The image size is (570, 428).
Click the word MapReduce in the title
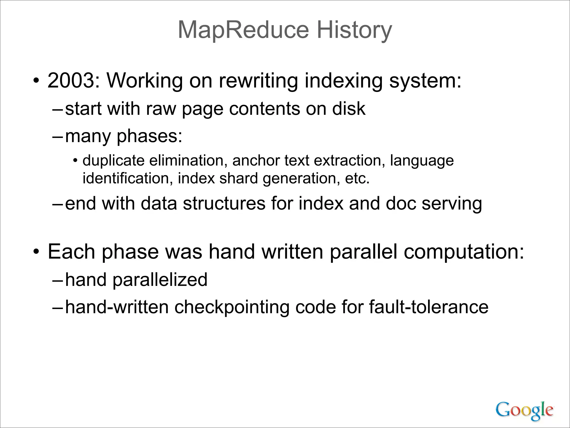[x=244, y=30]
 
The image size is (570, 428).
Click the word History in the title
[x=354, y=30]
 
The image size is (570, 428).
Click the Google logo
[x=524, y=410]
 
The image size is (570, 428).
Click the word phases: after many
[x=149, y=136]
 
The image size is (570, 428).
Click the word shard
[x=239, y=178]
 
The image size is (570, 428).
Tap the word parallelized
[x=160, y=279]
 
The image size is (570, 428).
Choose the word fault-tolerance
[x=429, y=307]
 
